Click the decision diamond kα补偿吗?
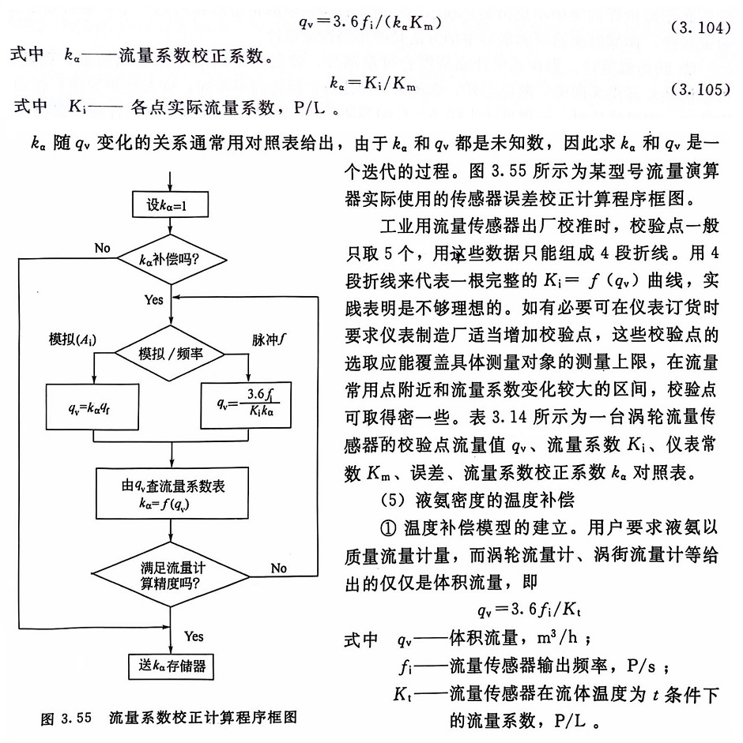point(172,257)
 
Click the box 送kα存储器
point(172,666)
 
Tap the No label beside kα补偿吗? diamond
point(102,248)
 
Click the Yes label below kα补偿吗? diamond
point(154,301)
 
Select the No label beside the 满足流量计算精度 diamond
point(278,568)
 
